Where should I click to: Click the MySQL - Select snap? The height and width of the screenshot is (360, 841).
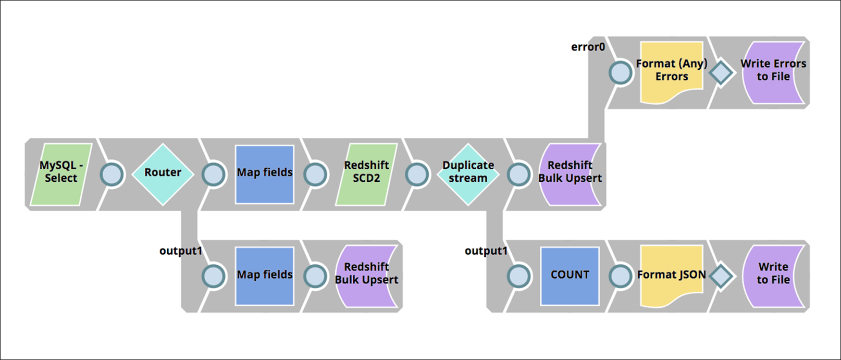(x=61, y=174)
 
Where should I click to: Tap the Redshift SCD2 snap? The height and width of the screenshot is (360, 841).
(x=366, y=174)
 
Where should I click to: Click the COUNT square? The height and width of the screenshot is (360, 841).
(x=570, y=276)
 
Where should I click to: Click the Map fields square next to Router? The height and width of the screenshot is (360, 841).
(x=265, y=174)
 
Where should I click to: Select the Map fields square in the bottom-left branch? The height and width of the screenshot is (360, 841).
(x=265, y=276)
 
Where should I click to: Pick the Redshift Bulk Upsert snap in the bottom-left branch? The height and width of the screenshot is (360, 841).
(x=366, y=276)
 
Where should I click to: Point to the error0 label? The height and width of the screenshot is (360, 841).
(x=588, y=47)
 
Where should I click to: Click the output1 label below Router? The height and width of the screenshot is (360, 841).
(x=180, y=251)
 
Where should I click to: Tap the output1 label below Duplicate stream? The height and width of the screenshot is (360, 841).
(x=486, y=251)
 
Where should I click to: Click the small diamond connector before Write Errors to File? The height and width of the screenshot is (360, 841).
(x=721, y=72)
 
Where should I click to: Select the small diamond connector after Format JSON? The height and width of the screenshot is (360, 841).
(x=721, y=276)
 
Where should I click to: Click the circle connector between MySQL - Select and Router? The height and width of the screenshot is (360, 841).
(x=112, y=175)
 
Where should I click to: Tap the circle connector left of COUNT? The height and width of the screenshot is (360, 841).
(x=518, y=276)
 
